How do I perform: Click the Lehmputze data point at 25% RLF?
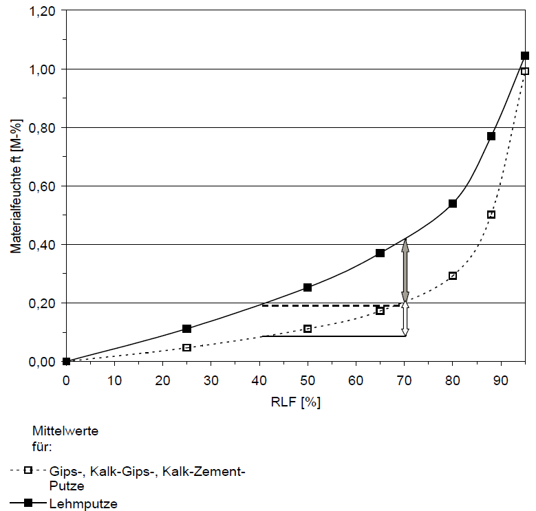click(186, 329)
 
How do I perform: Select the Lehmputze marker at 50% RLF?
click(308, 287)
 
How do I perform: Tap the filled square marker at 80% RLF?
click(453, 204)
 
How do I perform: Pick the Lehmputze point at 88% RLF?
click(491, 136)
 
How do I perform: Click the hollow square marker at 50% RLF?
click(308, 329)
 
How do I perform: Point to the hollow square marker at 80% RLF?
click(453, 276)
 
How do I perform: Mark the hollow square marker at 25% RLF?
click(186, 348)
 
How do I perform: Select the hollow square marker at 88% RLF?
click(491, 215)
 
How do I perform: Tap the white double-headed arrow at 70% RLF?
click(405, 319)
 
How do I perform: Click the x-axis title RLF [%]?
click(296, 402)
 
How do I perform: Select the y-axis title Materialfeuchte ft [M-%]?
click(15, 186)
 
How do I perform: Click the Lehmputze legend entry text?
click(83, 503)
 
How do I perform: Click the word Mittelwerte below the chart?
click(65, 431)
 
